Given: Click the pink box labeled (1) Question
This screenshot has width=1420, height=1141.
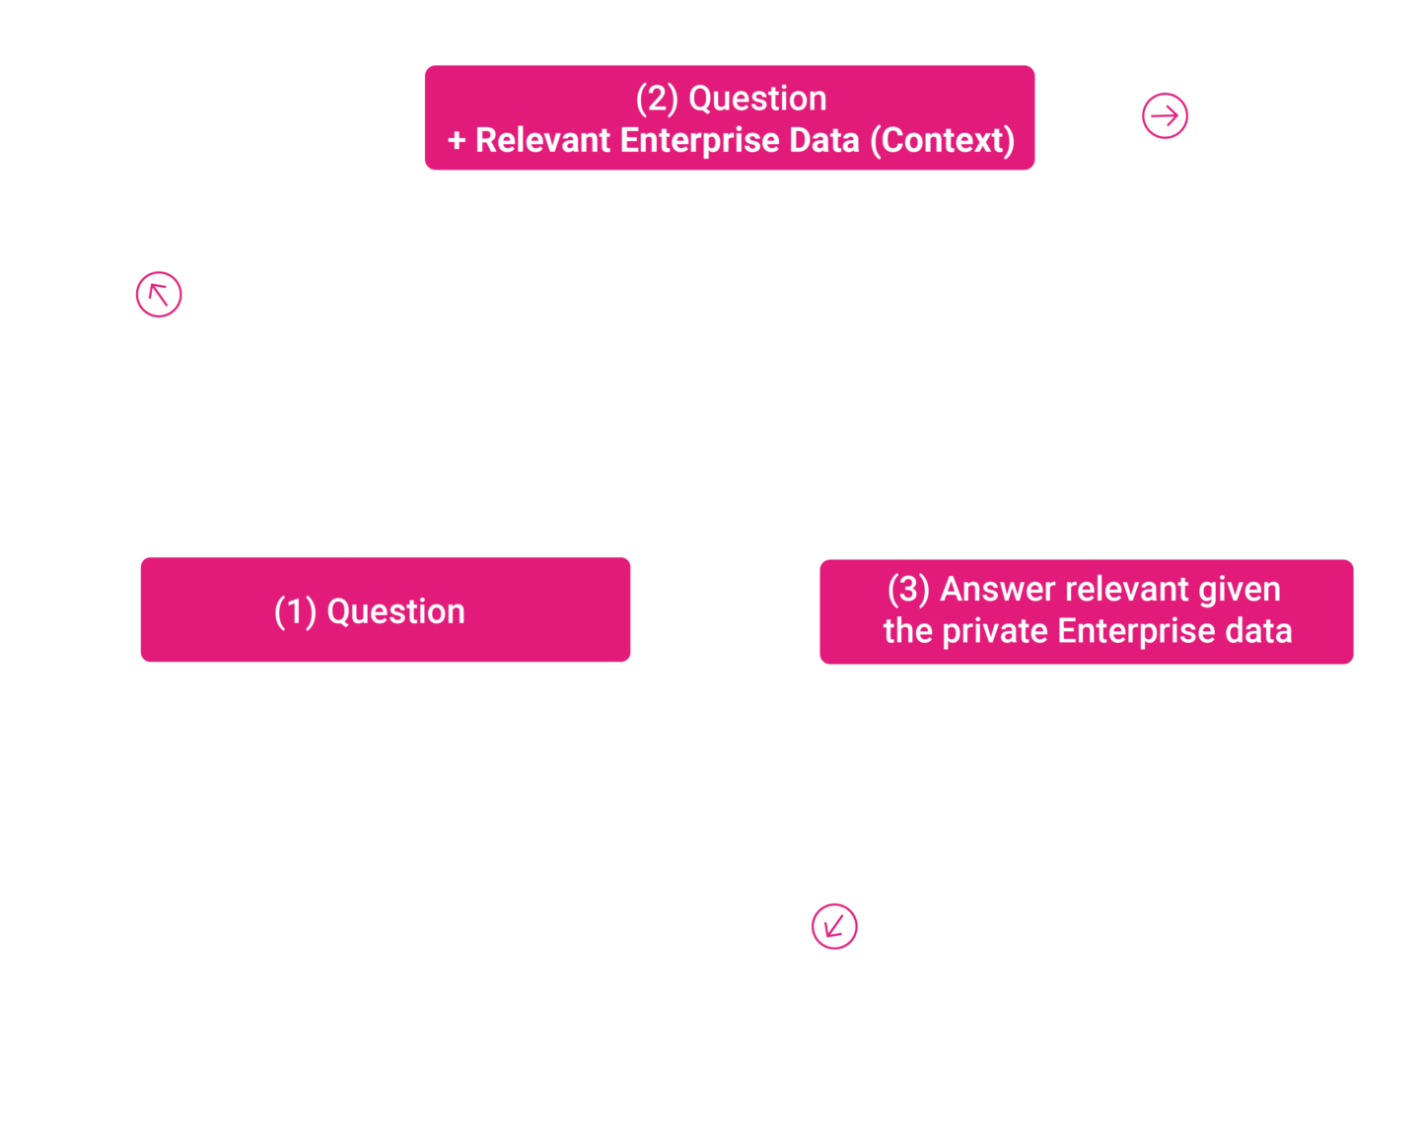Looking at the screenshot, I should tap(385, 609).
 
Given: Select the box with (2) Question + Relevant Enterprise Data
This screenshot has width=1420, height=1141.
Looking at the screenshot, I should tap(729, 118).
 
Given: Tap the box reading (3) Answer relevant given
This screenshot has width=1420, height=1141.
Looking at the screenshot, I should tap(1086, 610).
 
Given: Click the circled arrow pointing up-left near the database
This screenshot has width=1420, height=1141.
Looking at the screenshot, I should tap(159, 294).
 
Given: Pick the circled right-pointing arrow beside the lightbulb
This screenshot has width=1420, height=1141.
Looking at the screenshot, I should tap(1165, 115).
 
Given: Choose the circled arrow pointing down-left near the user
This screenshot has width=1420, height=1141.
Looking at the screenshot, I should tap(834, 926).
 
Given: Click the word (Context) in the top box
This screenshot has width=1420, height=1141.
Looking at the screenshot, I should tap(942, 140).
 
